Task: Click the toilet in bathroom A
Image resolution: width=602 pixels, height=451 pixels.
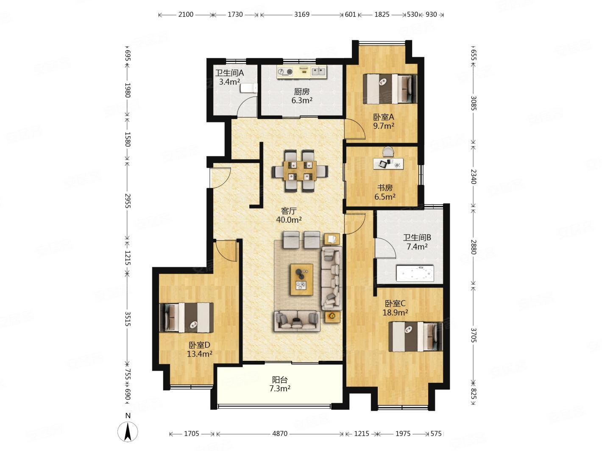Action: (x=249, y=88)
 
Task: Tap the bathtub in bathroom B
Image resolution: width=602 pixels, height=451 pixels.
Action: (x=415, y=273)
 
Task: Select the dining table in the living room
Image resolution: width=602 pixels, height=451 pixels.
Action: (x=299, y=170)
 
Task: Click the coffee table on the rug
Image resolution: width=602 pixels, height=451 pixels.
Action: (x=301, y=279)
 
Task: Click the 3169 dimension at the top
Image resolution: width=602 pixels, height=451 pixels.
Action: (x=301, y=14)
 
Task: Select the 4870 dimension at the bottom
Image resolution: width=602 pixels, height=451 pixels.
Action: (x=279, y=434)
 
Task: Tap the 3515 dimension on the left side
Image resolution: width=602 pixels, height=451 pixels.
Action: (x=128, y=319)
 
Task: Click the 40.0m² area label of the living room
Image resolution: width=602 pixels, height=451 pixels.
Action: (x=289, y=220)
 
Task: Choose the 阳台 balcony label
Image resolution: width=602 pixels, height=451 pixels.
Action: (x=280, y=380)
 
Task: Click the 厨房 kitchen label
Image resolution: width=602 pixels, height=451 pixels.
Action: (x=301, y=91)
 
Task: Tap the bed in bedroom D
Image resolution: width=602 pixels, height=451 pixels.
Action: (x=186, y=317)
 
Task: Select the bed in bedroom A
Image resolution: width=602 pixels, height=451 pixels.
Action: (x=390, y=89)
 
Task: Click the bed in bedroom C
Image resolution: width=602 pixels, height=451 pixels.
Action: (x=415, y=337)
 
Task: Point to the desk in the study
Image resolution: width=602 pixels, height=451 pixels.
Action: (x=388, y=164)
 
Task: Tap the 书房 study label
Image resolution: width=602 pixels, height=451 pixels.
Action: (x=385, y=188)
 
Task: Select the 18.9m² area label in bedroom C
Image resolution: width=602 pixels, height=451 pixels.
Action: (x=395, y=312)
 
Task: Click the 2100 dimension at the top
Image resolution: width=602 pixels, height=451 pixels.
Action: (x=186, y=14)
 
